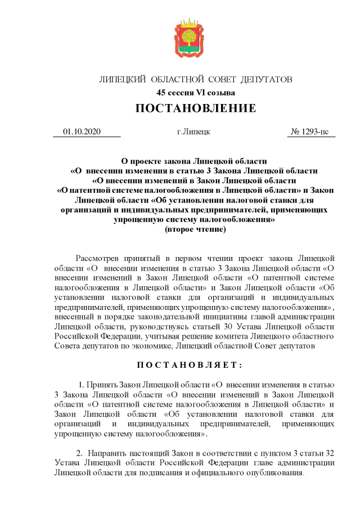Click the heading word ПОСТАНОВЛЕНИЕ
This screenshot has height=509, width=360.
tap(195, 108)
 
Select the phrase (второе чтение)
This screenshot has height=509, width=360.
tap(195, 229)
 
